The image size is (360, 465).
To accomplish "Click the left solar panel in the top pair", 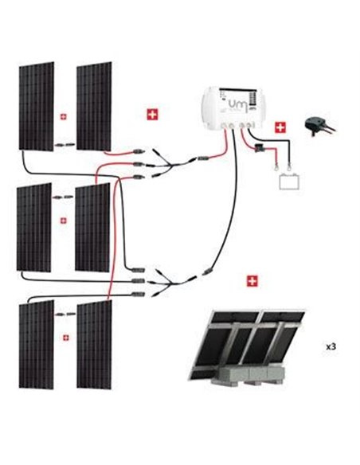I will (x=35, y=107).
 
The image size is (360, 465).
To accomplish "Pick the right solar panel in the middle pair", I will (x=92, y=227).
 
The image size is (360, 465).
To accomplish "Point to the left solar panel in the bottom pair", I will (x=35, y=344).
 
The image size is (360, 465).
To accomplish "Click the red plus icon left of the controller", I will (x=152, y=115).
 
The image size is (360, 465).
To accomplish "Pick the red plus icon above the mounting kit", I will (x=253, y=281).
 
